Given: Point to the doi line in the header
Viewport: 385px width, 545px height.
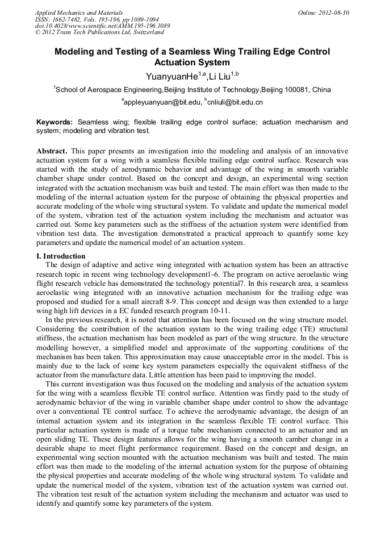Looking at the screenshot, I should pyautogui.click(x=102, y=26).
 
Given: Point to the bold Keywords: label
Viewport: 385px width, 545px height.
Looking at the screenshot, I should pyautogui.click(x=55, y=122).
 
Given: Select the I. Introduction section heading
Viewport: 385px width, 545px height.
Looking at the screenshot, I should pyautogui.click(x=61, y=256).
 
